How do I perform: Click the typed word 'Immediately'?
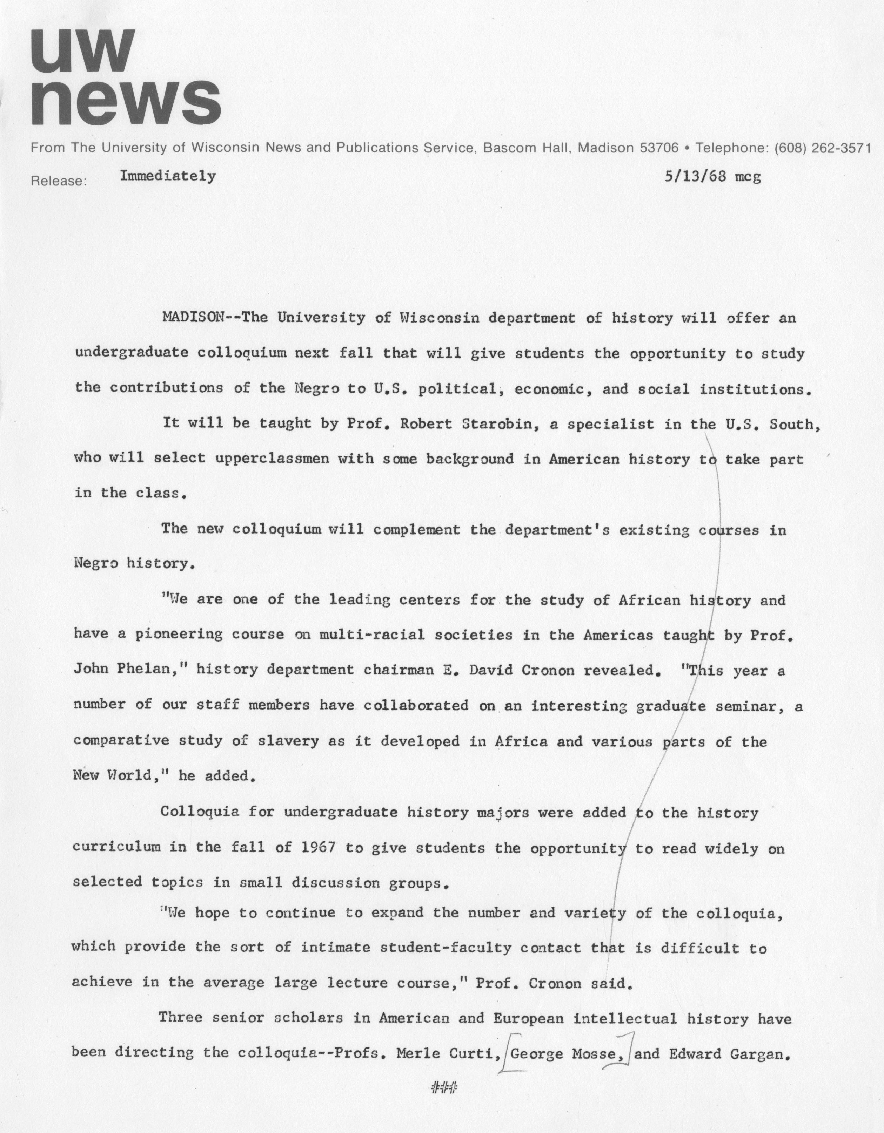(168, 176)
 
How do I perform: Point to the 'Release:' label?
(58, 181)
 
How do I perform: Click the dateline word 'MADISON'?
(193, 318)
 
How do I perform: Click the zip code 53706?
(659, 148)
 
